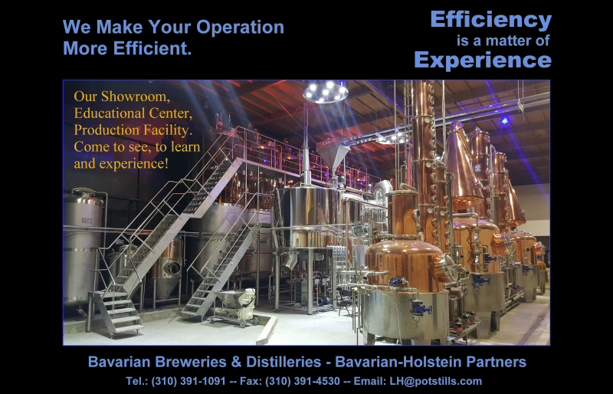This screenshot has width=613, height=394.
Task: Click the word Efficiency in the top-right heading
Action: pos(491,20)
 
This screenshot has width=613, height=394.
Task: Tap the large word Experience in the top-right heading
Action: pos(483,60)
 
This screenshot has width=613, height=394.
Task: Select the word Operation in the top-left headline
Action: pos(240,28)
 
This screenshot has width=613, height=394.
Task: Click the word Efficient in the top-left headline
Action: pos(152,48)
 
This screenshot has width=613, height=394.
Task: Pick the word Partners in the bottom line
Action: pos(496,362)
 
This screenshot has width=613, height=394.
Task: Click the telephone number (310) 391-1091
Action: pos(188,381)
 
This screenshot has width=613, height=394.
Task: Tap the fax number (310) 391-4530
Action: pos(303,381)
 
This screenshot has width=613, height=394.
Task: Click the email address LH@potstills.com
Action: pos(435,381)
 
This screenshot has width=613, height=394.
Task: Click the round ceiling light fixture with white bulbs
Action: pos(325,92)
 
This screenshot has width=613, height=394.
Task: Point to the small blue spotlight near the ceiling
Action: pos(505,121)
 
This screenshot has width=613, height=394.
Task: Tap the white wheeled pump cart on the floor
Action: pos(234,307)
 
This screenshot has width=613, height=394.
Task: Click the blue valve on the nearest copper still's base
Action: pos(421,309)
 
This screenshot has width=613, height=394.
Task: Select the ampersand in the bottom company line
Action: pos(237,362)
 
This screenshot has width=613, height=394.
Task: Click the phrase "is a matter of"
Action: pos(503,41)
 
